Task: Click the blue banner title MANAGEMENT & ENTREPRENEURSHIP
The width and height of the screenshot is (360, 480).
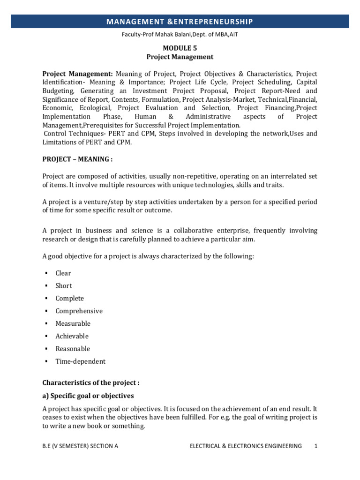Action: (180, 22)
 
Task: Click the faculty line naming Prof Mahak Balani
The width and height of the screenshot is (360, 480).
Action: (180, 34)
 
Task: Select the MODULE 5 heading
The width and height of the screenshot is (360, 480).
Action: (180, 48)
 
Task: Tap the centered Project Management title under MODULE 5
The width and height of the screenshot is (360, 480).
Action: (180, 57)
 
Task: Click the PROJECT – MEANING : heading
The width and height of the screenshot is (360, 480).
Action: (78, 159)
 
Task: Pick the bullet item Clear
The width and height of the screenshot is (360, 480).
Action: (63, 273)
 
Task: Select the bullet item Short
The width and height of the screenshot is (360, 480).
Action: (64, 286)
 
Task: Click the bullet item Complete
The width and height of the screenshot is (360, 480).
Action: (69, 299)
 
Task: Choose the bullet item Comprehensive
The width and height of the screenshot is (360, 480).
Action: (79, 311)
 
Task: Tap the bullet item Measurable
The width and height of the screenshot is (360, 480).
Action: (73, 324)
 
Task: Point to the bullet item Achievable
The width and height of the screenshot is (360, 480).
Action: (72, 337)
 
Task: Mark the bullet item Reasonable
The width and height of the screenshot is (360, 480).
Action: (73, 349)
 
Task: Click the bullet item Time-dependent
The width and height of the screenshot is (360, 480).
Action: (80, 362)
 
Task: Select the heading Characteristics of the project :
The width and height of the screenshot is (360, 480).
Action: (91, 383)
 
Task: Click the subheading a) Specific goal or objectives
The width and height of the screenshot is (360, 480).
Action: (88, 396)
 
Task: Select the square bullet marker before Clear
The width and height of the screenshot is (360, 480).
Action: (46, 273)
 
